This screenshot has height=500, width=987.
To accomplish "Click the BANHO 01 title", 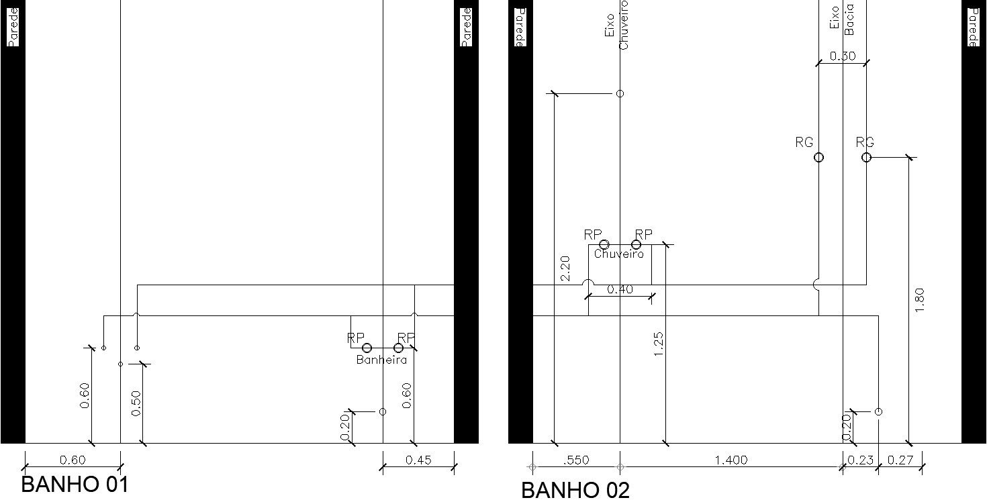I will point(75,484).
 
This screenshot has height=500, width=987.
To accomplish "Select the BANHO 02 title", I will point(575,490).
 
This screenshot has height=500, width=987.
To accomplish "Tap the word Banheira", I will point(381,360).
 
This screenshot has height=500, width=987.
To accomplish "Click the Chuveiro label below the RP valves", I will point(618,254).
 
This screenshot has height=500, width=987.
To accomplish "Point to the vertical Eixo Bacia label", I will point(843,19).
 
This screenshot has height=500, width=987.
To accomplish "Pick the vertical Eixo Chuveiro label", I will point(617,26).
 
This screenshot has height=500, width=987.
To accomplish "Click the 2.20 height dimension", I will point(564,268).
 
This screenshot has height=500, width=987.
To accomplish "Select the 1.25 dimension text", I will point(659,344).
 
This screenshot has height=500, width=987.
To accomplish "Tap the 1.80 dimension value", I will point(920,299).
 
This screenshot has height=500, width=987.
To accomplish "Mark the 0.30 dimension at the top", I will point(842,56).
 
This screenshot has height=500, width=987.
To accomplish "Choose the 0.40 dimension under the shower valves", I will point(620,290).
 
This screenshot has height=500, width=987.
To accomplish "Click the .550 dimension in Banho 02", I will point(575,460).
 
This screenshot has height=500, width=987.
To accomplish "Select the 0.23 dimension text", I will point(860,460).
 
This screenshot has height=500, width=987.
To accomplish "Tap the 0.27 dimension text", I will point(899,460).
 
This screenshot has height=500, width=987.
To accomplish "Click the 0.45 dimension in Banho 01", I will point(419,460).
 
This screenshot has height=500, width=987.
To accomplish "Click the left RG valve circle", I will point(818,158).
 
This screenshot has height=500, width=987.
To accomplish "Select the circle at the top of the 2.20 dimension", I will point(620,94).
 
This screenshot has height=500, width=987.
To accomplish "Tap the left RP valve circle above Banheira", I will point(367,348).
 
